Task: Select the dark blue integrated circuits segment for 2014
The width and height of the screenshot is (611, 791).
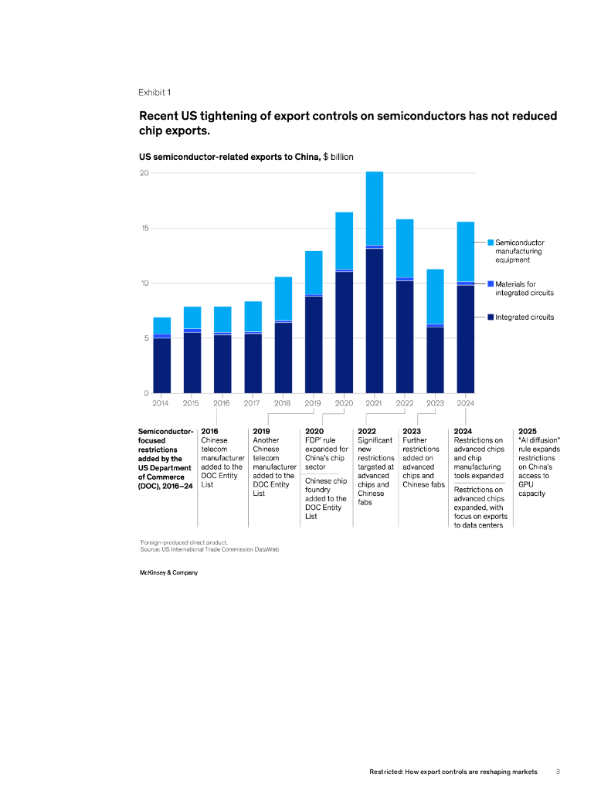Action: click(161, 365)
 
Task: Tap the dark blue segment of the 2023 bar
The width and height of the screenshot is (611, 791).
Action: click(435, 360)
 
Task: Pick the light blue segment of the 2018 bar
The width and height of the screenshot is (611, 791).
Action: click(283, 297)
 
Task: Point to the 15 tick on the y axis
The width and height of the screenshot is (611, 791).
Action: click(144, 228)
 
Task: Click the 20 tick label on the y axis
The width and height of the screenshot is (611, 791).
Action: click(144, 173)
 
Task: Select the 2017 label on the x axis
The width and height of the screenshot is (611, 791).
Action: click(252, 402)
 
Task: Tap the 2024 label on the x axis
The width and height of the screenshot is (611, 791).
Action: click(466, 402)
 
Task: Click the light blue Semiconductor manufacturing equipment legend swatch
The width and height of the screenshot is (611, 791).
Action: click(490, 242)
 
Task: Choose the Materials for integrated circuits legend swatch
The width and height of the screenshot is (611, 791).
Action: click(490, 283)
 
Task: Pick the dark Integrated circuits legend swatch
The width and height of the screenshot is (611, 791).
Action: click(490, 317)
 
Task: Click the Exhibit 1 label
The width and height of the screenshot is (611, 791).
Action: click(154, 93)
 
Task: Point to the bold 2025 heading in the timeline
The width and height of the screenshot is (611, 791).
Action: click(528, 431)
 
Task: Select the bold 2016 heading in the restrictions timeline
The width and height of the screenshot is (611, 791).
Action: click(209, 431)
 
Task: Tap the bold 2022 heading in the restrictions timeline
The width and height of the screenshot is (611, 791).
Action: click(367, 431)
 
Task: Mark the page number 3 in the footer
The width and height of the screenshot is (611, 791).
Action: click(558, 771)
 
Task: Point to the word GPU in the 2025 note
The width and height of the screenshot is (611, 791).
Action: click(526, 484)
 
